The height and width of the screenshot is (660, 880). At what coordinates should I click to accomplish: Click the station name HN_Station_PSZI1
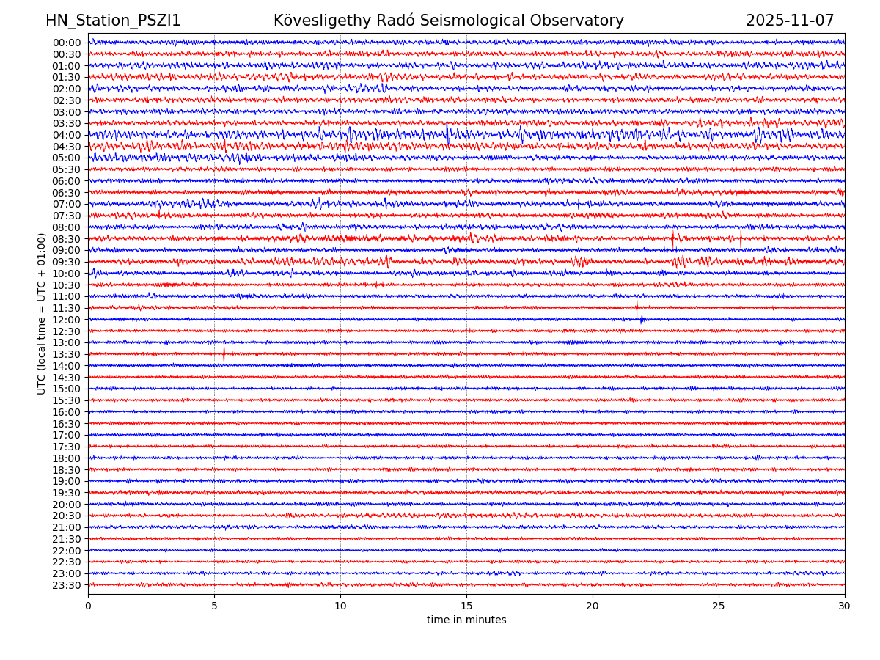click(x=113, y=21)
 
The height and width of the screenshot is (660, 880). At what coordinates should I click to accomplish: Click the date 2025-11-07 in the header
click(x=790, y=21)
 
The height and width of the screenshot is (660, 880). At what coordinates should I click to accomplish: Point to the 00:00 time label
click(x=66, y=43)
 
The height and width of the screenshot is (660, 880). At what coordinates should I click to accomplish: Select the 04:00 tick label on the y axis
click(x=66, y=135)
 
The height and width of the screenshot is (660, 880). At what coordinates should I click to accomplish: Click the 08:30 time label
click(x=66, y=239)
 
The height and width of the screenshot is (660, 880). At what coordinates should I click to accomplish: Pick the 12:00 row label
click(x=66, y=320)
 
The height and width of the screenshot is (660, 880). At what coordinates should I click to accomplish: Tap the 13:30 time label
click(x=66, y=354)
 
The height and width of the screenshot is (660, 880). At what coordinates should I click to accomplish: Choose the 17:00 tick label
click(x=66, y=435)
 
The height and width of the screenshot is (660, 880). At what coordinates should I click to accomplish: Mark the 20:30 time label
click(x=66, y=516)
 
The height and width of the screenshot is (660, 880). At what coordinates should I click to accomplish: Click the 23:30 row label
click(x=66, y=585)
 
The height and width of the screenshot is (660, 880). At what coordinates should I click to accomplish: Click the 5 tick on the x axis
click(x=214, y=606)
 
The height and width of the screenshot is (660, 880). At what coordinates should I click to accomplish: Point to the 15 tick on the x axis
click(x=466, y=606)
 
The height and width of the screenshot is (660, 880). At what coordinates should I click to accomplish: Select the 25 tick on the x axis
click(x=719, y=606)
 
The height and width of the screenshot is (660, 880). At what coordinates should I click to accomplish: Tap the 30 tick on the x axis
click(x=845, y=606)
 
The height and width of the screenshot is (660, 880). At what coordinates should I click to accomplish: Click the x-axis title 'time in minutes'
click(x=466, y=620)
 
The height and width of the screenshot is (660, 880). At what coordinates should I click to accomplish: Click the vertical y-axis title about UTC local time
click(x=42, y=313)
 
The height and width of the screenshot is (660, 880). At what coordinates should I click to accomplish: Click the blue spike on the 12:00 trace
click(x=642, y=319)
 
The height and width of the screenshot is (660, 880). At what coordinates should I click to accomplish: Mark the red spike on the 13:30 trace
click(x=224, y=353)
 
